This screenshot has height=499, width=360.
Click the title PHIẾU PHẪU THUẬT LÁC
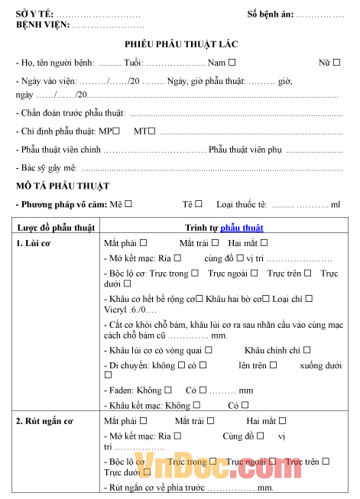click(180, 46)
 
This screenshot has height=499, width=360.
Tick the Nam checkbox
click(232, 63)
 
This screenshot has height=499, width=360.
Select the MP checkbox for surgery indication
click(116, 131)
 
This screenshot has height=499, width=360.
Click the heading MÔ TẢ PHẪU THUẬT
click(63, 186)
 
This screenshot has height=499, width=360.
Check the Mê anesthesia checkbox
click(128, 204)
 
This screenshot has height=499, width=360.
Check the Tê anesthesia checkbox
click(199, 204)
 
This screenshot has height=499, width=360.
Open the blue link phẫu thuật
click(242, 228)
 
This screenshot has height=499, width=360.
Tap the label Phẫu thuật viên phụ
click(245, 150)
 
